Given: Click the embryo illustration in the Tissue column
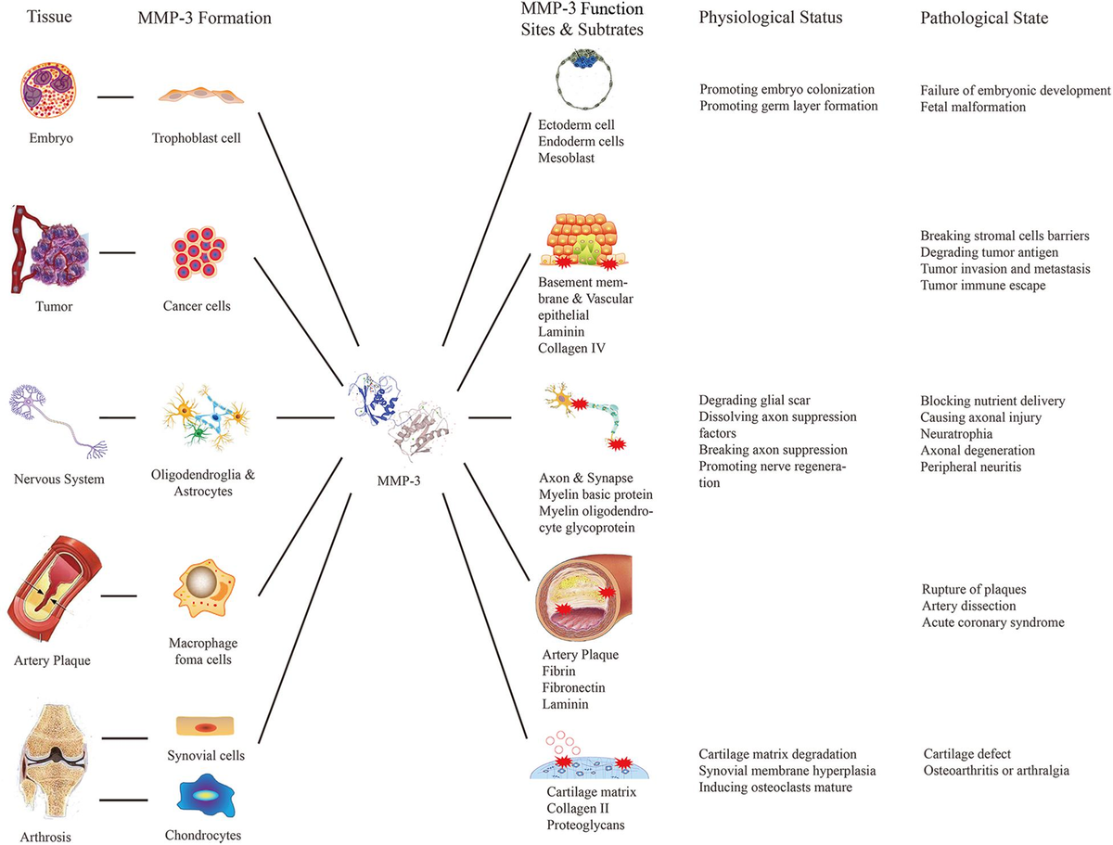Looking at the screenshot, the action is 48,90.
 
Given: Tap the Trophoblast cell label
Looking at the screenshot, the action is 197,138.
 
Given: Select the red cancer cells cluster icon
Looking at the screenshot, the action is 198,251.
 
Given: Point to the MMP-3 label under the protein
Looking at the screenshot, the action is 399,480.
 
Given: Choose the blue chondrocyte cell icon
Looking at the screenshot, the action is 205,795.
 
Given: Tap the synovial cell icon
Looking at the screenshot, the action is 205,726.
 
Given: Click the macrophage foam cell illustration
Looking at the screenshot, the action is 204,588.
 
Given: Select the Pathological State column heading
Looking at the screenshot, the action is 984,19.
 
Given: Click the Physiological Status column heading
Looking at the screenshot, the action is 770,18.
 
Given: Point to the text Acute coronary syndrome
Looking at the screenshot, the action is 992,622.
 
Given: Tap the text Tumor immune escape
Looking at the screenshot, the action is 982,285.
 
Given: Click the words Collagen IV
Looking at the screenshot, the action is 571,348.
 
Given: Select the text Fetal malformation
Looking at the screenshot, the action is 973,107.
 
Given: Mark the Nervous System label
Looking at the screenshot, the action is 58,479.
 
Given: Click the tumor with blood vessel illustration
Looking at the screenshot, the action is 49,249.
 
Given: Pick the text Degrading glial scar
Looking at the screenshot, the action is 754,401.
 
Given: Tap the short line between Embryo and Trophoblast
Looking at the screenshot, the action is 115,96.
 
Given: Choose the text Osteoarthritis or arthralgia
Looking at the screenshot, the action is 996,771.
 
